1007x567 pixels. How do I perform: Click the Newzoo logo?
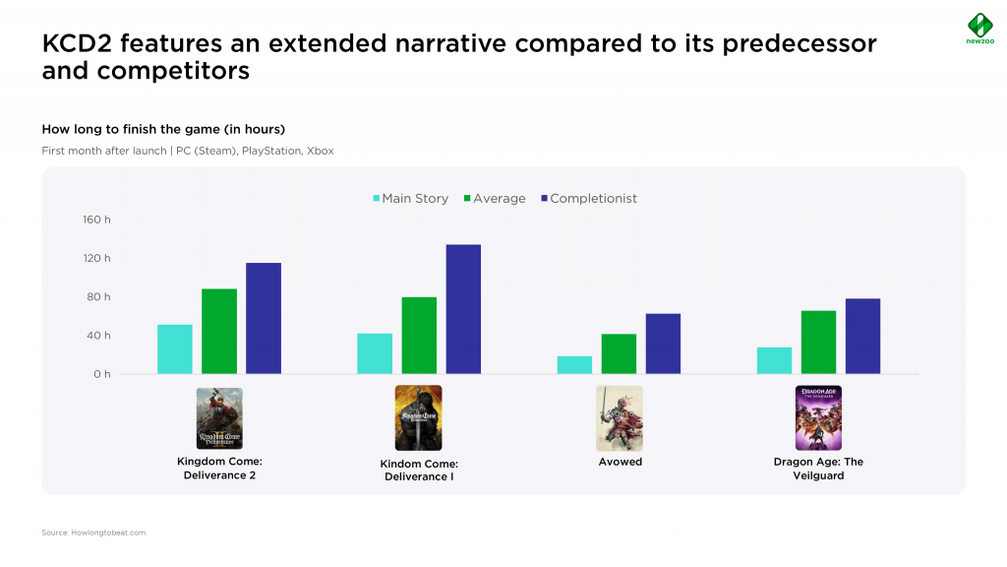coord(980,29)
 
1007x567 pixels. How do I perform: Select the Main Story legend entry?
coord(411,199)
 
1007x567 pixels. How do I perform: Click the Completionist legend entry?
coord(589,199)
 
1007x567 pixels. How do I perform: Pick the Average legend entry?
coord(495,199)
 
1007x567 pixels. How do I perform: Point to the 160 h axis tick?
coord(96,220)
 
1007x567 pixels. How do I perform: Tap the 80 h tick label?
coord(98,297)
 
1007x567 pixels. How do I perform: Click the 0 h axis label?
coord(102,374)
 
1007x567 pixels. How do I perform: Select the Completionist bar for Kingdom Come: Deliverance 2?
coord(264,318)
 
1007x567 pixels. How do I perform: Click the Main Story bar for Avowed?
coord(574,365)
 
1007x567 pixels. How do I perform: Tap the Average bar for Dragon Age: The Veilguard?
coord(818,342)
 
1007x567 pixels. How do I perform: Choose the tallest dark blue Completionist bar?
coord(463,309)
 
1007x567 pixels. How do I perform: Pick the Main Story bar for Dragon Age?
coord(774,360)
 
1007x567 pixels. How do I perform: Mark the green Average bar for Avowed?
coord(619,353)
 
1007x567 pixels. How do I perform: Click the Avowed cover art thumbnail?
coord(620,417)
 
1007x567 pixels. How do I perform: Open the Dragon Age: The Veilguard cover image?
coord(818,417)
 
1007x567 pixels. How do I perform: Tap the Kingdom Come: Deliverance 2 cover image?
coord(219,418)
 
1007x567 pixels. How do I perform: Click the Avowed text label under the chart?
coord(621,462)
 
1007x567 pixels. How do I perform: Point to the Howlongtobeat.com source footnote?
coord(93,533)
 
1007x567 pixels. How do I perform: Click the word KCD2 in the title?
coord(77,43)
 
